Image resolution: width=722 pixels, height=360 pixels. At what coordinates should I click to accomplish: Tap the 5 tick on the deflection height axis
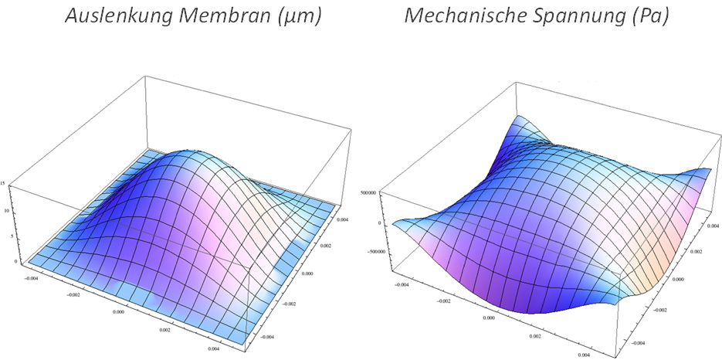(5, 236)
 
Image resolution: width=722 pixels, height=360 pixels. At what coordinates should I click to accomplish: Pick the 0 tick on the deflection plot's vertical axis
(6, 261)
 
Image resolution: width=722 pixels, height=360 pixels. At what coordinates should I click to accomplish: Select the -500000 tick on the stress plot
(373, 250)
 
